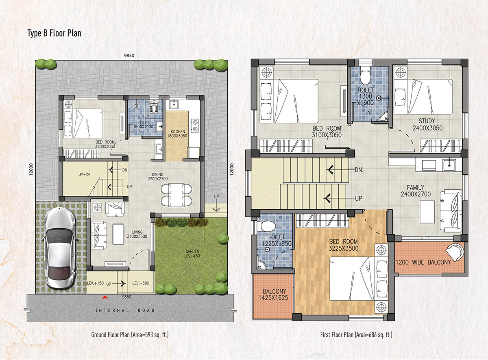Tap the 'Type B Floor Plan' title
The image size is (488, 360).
click(x=54, y=33)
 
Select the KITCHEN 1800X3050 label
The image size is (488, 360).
click(x=177, y=134)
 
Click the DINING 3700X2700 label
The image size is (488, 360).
click(x=157, y=177)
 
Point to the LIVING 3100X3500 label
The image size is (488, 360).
click(x=137, y=234)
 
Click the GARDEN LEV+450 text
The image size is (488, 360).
click(x=192, y=254)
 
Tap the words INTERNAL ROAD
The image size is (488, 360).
click(x=125, y=310)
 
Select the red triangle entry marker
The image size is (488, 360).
click(x=105, y=297)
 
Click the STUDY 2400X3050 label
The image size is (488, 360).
click(x=427, y=124)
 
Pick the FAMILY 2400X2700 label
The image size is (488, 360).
click(x=416, y=191)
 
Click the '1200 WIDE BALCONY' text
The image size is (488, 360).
click(x=423, y=262)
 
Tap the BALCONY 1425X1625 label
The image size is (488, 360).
click(x=273, y=295)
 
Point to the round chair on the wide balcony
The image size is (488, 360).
click(x=455, y=252)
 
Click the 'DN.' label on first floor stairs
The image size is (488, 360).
click(x=359, y=170)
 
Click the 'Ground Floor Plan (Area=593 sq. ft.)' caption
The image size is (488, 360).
click(x=130, y=335)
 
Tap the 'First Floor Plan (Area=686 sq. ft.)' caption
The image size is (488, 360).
click(x=356, y=335)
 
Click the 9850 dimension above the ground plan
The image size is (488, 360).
click(x=129, y=55)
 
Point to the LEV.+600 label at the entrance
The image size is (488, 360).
click(x=141, y=283)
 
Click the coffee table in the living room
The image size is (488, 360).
click(x=118, y=234)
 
